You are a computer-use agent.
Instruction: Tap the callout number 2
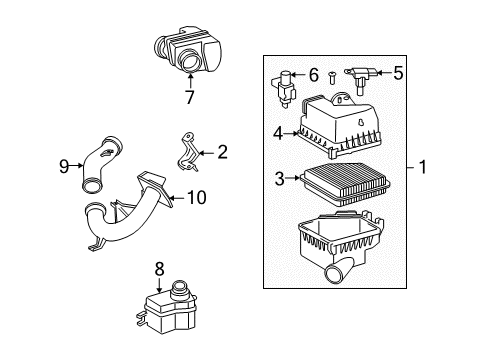pos(222,153)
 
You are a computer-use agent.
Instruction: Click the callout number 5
pos(398,72)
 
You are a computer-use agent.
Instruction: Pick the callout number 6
pos(313,74)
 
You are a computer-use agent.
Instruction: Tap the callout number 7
pos(187,97)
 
